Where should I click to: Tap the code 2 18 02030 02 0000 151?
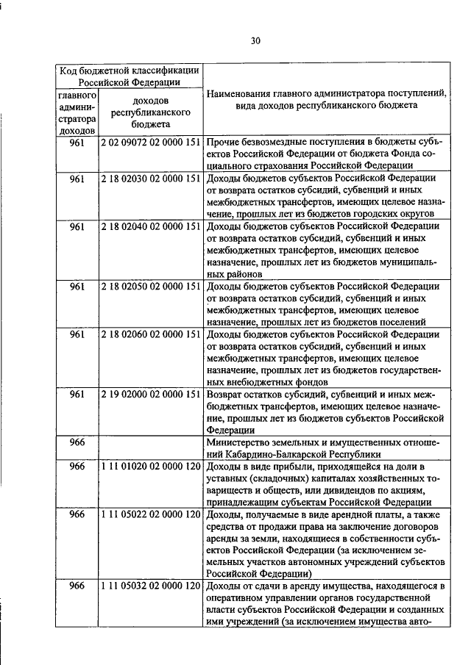click(x=151, y=178)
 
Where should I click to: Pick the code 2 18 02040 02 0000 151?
click(x=151, y=226)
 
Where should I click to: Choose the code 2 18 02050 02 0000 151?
click(x=151, y=286)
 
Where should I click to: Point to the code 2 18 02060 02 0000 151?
click(x=151, y=334)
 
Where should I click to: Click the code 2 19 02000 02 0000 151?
click(x=151, y=395)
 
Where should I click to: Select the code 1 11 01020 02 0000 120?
click(x=151, y=467)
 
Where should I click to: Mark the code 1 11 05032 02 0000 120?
click(x=151, y=586)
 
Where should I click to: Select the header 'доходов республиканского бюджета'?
click(x=151, y=112)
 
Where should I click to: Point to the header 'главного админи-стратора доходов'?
click(x=77, y=112)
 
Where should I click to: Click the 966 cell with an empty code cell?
click(x=77, y=442)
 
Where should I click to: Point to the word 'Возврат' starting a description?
click(x=226, y=395)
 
